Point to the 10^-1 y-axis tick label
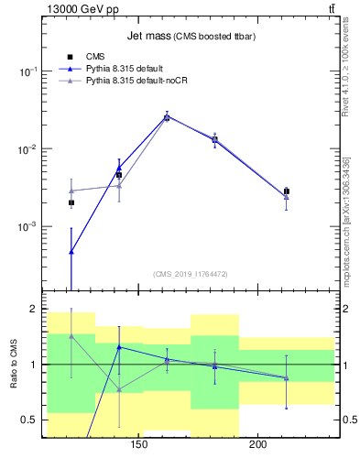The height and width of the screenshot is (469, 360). [x=29, y=71]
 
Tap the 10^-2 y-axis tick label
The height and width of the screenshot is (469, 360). [x=29, y=149]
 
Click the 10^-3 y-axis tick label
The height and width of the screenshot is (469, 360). [x=29, y=226]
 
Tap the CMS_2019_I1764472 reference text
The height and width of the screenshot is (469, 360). [x=190, y=274]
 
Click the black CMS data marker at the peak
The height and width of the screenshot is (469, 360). [x=167, y=117]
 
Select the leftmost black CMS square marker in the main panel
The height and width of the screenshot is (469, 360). [x=71, y=202]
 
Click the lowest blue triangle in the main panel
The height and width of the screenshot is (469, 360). [x=71, y=251]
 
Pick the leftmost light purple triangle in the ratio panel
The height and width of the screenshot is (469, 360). [x=71, y=336]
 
